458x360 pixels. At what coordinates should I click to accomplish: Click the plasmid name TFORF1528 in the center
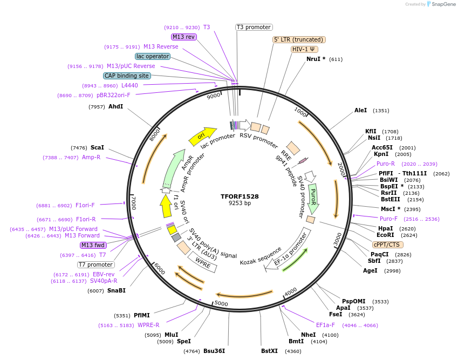tap(240, 196)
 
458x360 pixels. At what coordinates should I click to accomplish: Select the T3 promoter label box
tap(254, 27)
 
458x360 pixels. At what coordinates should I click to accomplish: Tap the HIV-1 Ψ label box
tap(304, 49)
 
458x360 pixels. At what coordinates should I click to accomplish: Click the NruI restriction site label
tap(316, 59)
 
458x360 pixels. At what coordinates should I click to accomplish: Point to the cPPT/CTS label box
tap(386, 244)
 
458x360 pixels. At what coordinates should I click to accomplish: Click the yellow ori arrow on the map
tap(202, 136)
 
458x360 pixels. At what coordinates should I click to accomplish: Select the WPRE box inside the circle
tap(202, 262)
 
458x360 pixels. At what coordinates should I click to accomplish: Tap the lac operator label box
tap(153, 56)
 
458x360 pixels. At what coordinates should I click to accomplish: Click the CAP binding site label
tap(127, 76)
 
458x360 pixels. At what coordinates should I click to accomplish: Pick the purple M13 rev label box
tap(183, 37)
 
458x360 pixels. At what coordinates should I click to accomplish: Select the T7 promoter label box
tap(96, 264)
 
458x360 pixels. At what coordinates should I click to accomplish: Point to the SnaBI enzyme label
tap(116, 290)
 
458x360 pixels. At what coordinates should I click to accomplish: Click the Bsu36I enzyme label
tap(214, 351)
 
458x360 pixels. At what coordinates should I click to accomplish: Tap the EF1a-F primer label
tap(325, 325)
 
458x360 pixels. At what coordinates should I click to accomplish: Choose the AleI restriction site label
tap(360, 110)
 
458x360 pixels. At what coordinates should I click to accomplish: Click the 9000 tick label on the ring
tap(214, 96)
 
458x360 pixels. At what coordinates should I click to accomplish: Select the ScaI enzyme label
tap(97, 147)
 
